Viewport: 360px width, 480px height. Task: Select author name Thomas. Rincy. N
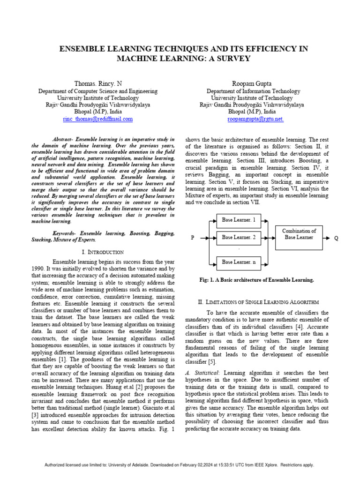tap(97, 83)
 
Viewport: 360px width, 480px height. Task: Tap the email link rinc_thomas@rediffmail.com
tap(97, 119)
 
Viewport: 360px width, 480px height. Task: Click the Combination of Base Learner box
tap(300, 234)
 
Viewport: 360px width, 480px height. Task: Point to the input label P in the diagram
tap(192, 238)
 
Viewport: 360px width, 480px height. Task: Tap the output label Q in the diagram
tap(336, 238)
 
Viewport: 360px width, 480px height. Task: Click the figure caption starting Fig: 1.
tap(256, 280)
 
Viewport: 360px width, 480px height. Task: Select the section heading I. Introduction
tap(103, 252)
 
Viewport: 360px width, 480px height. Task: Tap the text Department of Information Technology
tap(253, 91)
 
